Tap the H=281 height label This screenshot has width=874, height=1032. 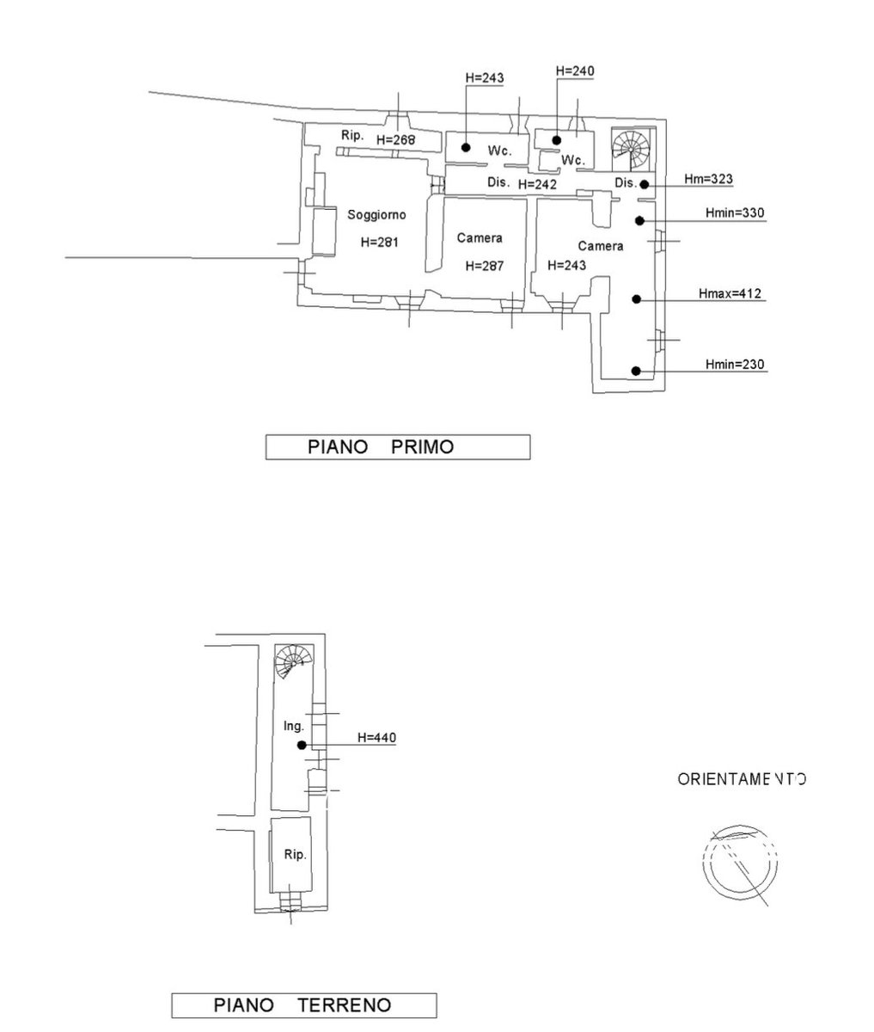(x=379, y=243)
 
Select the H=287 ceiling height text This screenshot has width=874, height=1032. (x=483, y=266)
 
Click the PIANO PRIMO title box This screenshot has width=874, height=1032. (x=397, y=447)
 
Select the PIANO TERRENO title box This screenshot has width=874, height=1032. (x=303, y=1004)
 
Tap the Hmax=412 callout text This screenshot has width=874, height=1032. (x=730, y=294)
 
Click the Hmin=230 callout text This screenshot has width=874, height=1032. (x=735, y=365)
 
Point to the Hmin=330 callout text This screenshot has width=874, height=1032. (x=735, y=213)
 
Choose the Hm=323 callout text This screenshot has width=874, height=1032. (x=708, y=179)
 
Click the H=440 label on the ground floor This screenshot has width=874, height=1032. (x=376, y=737)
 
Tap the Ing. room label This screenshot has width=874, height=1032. (x=294, y=727)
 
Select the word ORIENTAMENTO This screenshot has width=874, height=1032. (x=742, y=780)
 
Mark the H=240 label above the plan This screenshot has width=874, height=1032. (x=575, y=71)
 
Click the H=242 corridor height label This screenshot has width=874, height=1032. (x=538, y=184)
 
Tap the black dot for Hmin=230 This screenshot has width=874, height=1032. (x=636, y=372)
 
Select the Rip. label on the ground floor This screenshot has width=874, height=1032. (x=295, y=855)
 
